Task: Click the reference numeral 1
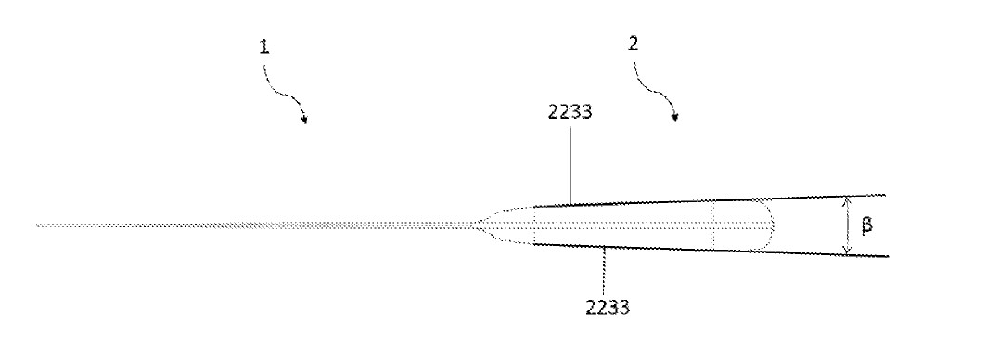pos(263,46)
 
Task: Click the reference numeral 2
pos(634,44)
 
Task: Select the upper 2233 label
pos(570,112)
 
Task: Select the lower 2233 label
pos(608,307)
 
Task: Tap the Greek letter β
pos(866,225)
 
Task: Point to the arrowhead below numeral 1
pos(305,120)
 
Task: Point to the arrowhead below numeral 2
pos(674,117)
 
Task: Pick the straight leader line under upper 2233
pos(570,164)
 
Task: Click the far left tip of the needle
pos(37,225)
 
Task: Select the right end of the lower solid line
pos(888,256)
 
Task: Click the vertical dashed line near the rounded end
pos(713,225)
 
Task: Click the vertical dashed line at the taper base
pos(533,225)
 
